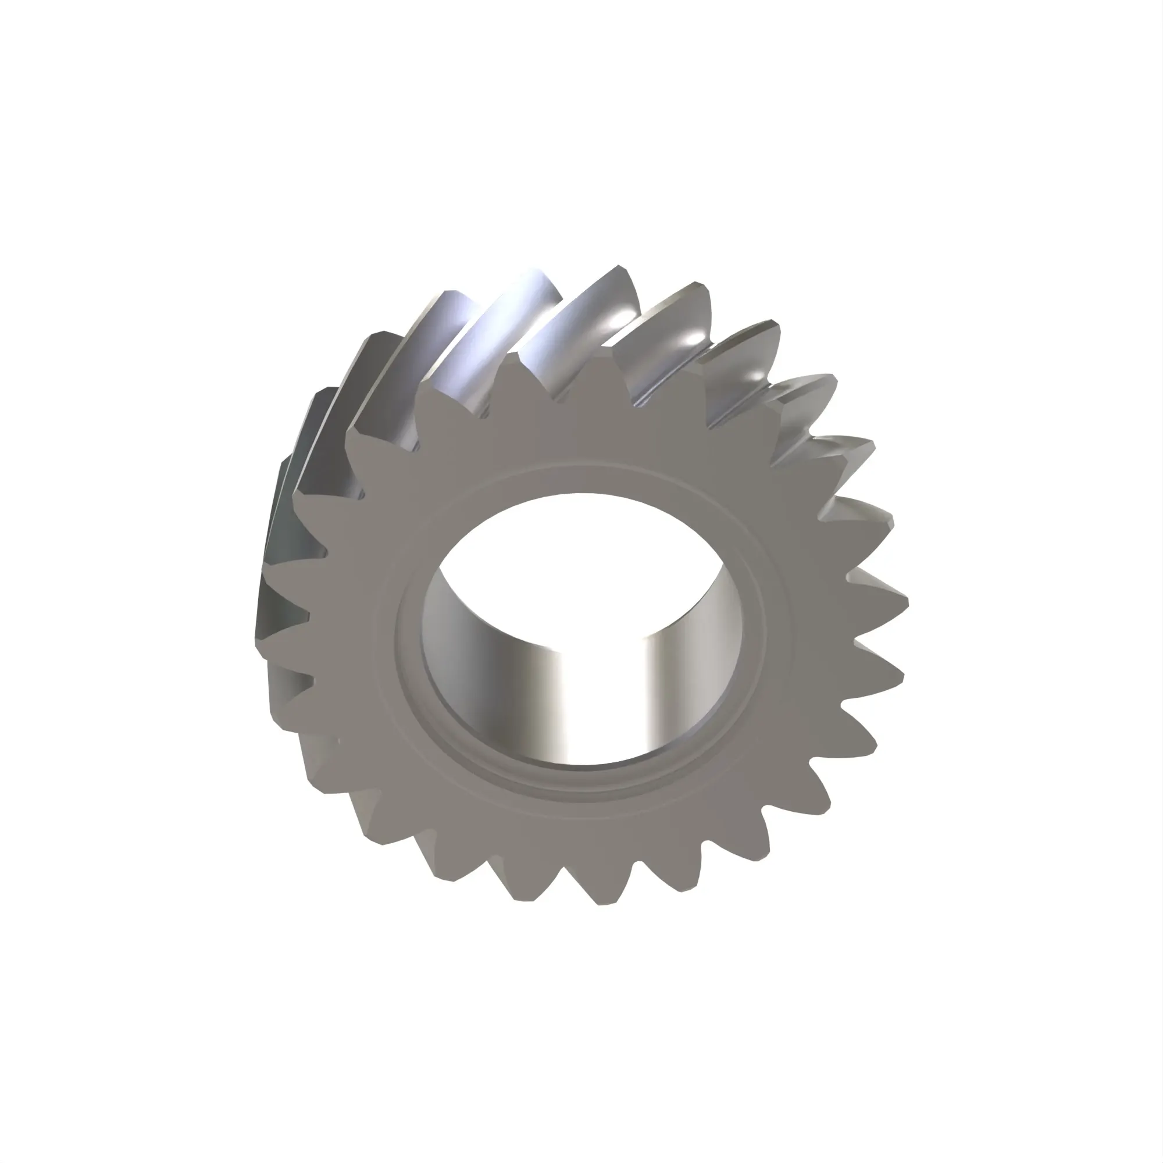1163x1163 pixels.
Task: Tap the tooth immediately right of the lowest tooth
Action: [686, 891]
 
